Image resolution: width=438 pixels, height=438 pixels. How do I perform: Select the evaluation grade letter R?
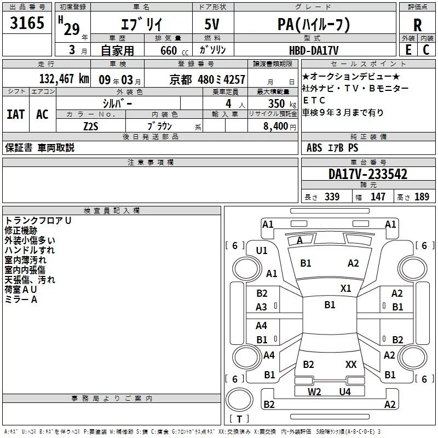(x=418, y=25)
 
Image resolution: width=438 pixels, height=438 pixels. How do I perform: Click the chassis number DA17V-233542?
(x=368, y=174)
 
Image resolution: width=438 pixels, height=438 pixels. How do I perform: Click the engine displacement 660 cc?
(x=169, y=50)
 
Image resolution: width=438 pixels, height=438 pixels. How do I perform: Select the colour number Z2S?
(x=91, y=125)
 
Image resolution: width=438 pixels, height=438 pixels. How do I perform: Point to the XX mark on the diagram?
(x=351, y=364)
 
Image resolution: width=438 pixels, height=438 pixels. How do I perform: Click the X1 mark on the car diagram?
(x=346, y=288)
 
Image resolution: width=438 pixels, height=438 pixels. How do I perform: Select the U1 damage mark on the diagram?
(x=262, y=251)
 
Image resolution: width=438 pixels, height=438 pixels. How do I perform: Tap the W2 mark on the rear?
(x=314, y=391)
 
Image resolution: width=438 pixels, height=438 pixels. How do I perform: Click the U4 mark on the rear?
(x=344, y=391)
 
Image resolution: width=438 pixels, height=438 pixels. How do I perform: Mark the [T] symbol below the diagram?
(x=239, y=419)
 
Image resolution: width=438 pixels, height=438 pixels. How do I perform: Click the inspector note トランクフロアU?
(x=38, y=220)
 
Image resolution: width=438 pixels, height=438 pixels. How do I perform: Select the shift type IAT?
(x=16, y=114)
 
